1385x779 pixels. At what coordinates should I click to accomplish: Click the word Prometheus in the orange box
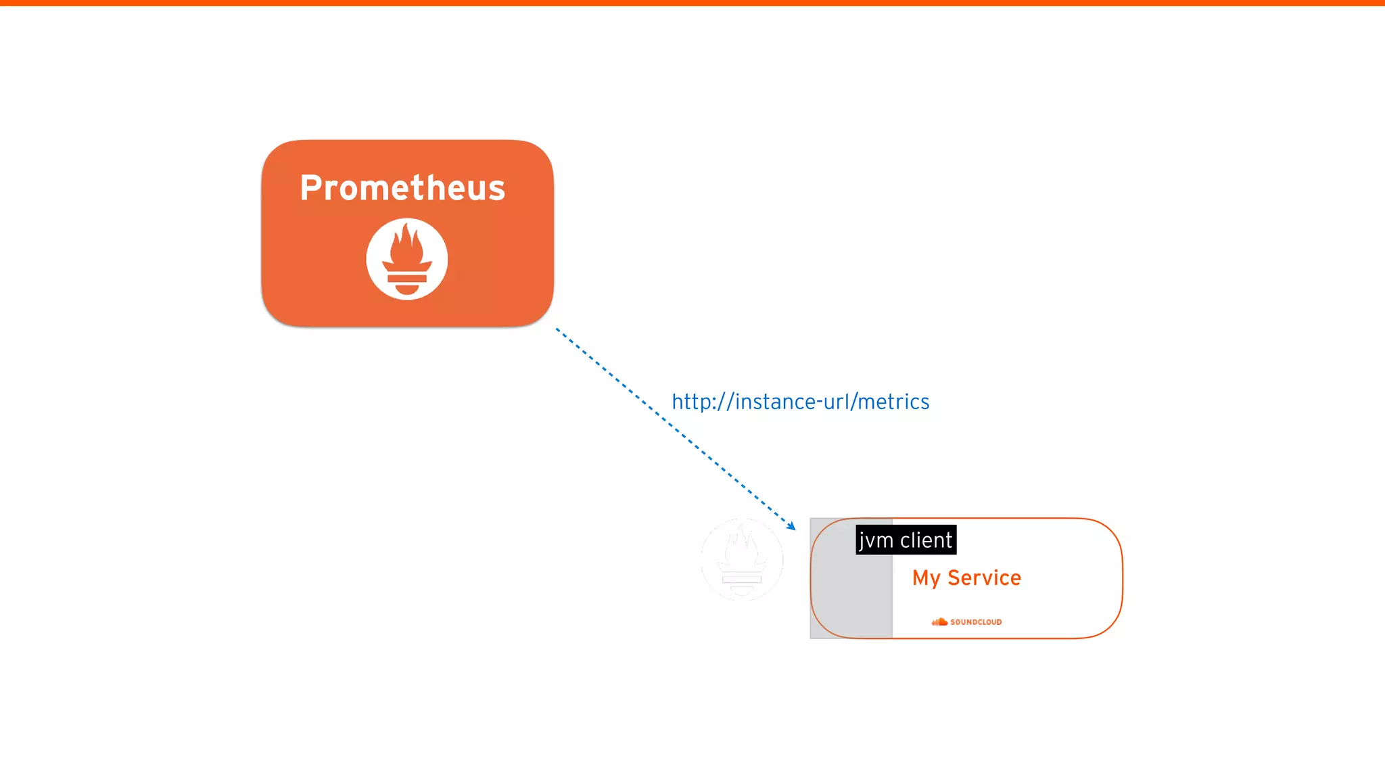[x=402, y=188]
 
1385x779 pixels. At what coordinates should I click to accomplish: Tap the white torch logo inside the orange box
[x=406, y=259]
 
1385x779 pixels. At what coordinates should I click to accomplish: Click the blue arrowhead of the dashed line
[x=792, y=526]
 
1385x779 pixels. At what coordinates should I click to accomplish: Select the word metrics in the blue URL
[x=893, y=402]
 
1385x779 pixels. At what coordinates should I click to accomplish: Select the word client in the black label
[x=926, y=540]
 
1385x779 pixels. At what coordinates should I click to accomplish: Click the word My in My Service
[x=926, y=579]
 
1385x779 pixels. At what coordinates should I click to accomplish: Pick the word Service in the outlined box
[x=984, y=578]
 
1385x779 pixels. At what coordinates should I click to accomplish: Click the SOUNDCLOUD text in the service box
[x=976, y=622]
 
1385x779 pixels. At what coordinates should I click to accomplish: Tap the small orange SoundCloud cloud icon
[x=939, y=622]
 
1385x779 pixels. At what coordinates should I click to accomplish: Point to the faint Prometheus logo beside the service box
[x=742, y=559]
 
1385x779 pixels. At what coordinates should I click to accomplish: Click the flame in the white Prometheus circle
[x=406, y=245]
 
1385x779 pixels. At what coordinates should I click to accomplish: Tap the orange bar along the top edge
[x=692, y=3]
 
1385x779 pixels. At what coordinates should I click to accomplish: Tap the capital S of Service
[x=955, y=578]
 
